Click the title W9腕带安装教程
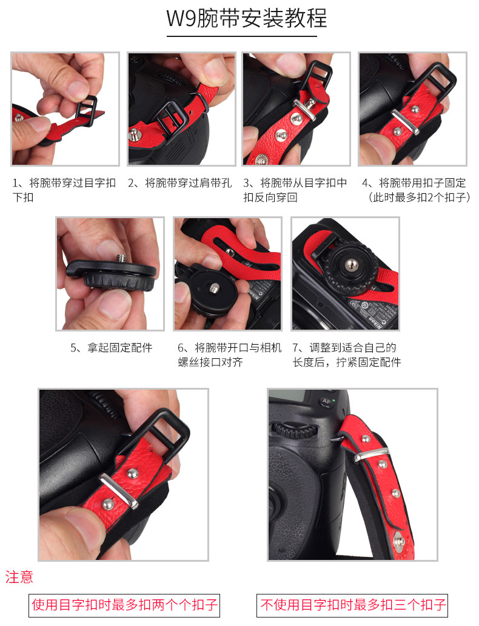247,18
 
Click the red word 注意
19,577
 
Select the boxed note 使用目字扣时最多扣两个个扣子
124,605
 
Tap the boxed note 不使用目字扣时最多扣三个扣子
352,605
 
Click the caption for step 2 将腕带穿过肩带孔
179,183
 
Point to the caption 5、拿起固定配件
112,347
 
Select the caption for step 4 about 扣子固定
415,190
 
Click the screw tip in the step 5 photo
121,258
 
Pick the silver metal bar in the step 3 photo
304,110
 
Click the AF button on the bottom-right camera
326,402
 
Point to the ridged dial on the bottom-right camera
295,430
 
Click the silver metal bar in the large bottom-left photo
119,491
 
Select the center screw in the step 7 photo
351,264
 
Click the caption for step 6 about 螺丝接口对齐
230,355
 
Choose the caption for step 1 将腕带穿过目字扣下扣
64,190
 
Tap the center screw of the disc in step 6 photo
215,287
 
